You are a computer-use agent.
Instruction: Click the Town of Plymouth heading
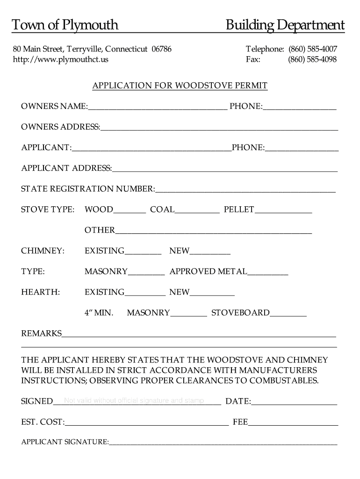coord(65,25)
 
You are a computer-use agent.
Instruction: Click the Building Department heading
coord(285,25)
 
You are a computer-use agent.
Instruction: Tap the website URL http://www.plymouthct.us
coord(60,59)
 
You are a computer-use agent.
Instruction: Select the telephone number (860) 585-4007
coord(312,49)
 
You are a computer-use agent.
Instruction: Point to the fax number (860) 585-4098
coord(312,59)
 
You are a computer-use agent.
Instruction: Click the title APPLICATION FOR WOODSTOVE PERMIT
coord(180,86)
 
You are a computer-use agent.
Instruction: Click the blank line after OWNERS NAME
coord(157,107)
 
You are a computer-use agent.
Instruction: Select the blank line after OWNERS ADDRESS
coord(218,127)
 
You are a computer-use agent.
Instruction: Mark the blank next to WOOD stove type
coord(130,210)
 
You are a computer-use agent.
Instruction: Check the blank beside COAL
coord(197,210)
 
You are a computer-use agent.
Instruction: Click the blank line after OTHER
coord(213,231)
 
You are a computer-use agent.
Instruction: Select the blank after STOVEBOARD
coord(288,313)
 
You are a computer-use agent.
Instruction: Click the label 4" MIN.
coord(99,312)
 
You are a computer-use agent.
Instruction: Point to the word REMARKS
coord(42,333)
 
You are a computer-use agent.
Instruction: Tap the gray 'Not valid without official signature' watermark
coord(134,400)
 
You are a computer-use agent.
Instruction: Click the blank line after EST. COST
coord(147,422)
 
